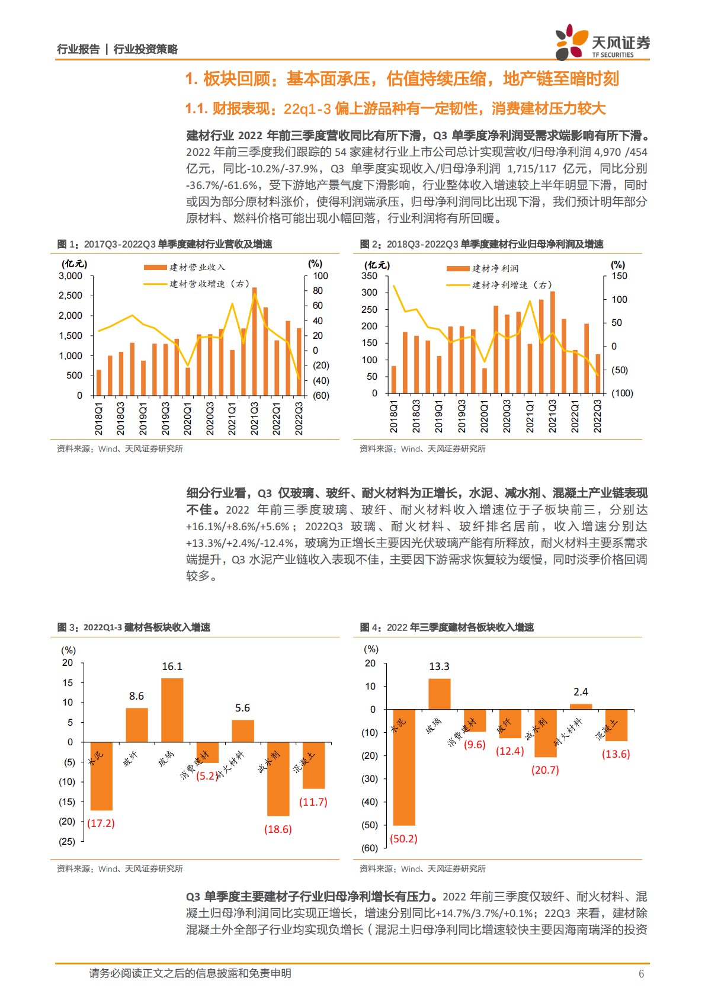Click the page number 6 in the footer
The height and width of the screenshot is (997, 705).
(x=641, y=973)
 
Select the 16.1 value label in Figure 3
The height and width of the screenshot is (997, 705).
(x=172, y=666)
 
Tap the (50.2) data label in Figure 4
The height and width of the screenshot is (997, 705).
(x=403, y=838)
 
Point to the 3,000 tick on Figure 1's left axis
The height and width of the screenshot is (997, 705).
(x=70, y=276)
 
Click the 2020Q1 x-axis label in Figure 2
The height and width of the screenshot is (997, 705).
(x=484, y=415)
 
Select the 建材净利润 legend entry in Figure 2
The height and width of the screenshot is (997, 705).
(x=483, y=268)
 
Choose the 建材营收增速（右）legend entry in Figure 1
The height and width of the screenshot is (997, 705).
(x=197, y=284)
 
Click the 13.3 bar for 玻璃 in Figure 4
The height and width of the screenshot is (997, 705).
(x=439, y=694)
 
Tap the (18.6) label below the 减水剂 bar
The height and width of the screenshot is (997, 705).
(x=278, y=829)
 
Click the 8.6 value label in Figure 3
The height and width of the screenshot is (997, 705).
(x=136, y=696)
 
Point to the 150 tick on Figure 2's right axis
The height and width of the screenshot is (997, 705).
(x=619, y=276)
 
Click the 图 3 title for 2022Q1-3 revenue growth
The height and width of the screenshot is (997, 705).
(x=134, y=627)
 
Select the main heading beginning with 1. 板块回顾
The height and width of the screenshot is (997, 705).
(x=402, y=79)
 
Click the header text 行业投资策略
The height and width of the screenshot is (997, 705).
(x=146, y=49)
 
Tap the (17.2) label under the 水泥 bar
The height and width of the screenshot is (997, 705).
(x=101, y=823)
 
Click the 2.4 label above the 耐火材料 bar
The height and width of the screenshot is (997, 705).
(x=581, y=692)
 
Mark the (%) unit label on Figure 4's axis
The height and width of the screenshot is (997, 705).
(x=371, y=649)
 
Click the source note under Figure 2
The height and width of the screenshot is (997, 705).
(x=422, y=448)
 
